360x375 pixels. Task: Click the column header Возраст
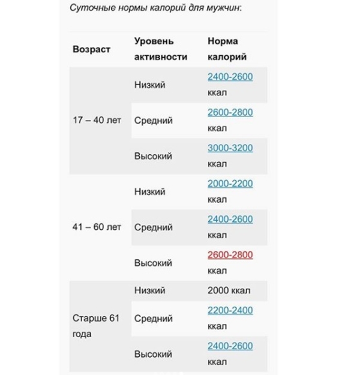coord(91,49)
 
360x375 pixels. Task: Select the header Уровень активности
coord(160,49)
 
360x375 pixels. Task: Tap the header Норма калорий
coord(226,49)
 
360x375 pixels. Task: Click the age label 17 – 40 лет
coord(97,120)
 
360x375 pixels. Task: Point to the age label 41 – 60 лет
coord(97,227)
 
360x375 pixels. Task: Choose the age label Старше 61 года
coord(96,326)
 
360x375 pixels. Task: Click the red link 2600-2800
coord(230,255)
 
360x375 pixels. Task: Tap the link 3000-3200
coord(230,148)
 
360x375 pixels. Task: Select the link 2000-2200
coord(230,184)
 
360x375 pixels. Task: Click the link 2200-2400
coord(230,310)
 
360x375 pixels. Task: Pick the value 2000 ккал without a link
coord(229,290)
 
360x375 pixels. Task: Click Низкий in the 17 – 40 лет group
coord(149,85)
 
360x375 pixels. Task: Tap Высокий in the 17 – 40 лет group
coord(152,156)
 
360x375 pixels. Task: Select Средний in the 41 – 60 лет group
coord(153,227)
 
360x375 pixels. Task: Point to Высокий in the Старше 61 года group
coord(152,354)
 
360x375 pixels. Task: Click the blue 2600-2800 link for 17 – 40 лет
coord(230,112)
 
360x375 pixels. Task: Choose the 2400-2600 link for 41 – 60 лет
coord(230,220)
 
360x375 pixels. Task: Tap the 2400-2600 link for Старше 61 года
coord(230,346)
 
